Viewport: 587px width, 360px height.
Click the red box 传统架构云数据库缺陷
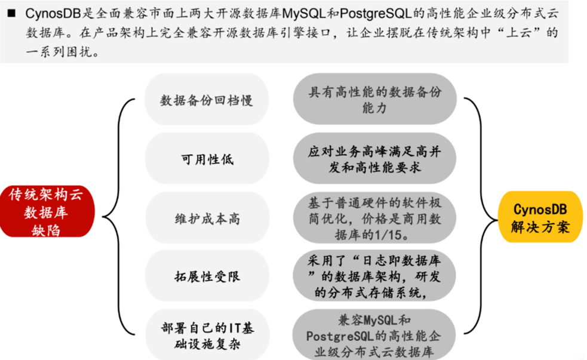tap(47, 211)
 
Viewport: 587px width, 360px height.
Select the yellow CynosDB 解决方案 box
tap(540, 217)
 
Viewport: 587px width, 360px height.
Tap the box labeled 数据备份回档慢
tap(207, 100)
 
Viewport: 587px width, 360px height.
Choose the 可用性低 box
tap(207, 159)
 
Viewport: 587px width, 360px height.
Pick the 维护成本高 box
tap(207, 218)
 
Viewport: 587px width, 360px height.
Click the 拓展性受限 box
tap(207, 276)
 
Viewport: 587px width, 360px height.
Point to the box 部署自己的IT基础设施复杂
tap(207, 335)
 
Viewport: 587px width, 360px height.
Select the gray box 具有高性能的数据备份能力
tap(375, 99)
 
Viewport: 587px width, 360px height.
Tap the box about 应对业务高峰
tap(375, 159)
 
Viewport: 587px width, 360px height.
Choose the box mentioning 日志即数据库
tap(375, 276)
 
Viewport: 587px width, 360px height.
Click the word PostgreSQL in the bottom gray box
tap(340, 336)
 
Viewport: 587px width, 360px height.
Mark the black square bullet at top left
tap(11, 14)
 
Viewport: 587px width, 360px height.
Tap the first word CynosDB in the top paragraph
tap(53, 14)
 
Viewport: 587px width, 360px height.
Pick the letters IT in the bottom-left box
tap(235, 328)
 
